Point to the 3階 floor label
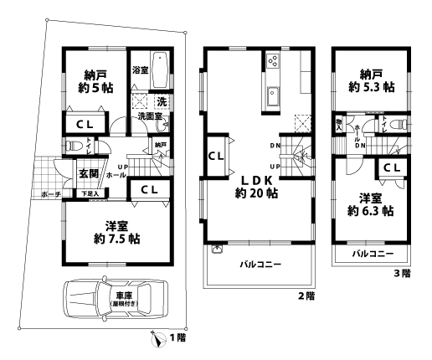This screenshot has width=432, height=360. click(402, 272)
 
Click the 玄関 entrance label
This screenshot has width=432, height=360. click(89, 175)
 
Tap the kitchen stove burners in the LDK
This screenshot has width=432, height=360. click(273, 60)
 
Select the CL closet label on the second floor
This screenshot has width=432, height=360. click(214, 156)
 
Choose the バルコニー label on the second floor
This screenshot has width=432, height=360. click(259, 265)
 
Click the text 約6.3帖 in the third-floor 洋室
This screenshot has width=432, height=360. click(371, 212)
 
